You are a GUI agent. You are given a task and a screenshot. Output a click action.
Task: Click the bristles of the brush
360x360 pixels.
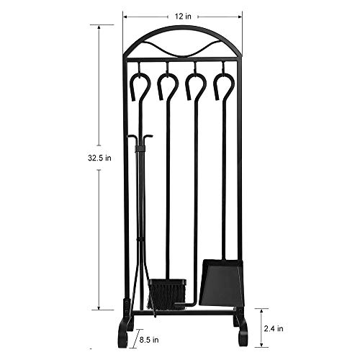coord(166,295)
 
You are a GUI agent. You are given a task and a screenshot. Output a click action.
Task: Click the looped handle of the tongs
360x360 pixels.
coord(140,86)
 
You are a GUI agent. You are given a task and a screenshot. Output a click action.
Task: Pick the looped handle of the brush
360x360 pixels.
coord(168,86)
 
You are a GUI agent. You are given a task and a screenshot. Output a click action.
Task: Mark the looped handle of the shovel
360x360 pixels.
coord(224,86)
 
